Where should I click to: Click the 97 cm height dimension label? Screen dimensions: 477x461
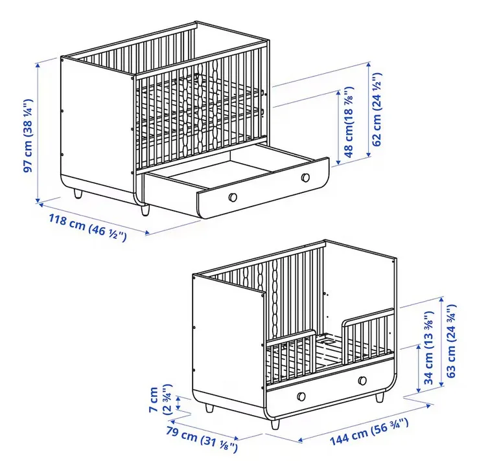[x=29, y=136]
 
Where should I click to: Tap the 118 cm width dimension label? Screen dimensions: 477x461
[x=87, y=228]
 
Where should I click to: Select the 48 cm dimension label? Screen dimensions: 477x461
[x=349, y=122]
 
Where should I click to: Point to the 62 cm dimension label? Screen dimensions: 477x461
[x=377, y=109]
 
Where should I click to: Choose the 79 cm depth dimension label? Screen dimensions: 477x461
[x=202, y=438]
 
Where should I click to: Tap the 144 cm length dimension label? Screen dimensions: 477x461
[x=369, y=432]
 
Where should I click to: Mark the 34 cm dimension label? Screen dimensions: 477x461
[x=428, y=348]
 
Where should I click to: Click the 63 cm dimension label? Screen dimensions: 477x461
[x=451, y=341]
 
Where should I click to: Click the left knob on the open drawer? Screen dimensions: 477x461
[x=233, y=197]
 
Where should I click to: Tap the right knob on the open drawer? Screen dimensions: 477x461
[x=305, y=177]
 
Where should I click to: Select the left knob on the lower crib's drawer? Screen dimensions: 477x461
[x=301, y=396]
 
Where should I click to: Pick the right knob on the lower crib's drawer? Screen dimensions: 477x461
[x=362, y=380]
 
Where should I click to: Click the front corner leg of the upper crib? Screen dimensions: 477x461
[x=145, y=210]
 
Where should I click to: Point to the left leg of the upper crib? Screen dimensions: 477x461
[x=78, y=194]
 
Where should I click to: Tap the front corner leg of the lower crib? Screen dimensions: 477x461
[x=275, y=424]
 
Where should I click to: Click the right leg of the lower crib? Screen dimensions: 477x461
[x=379, y=398]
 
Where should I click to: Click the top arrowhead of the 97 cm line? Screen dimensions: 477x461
[x=38, y=65]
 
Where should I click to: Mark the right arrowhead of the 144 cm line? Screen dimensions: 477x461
[x=428, y=406]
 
